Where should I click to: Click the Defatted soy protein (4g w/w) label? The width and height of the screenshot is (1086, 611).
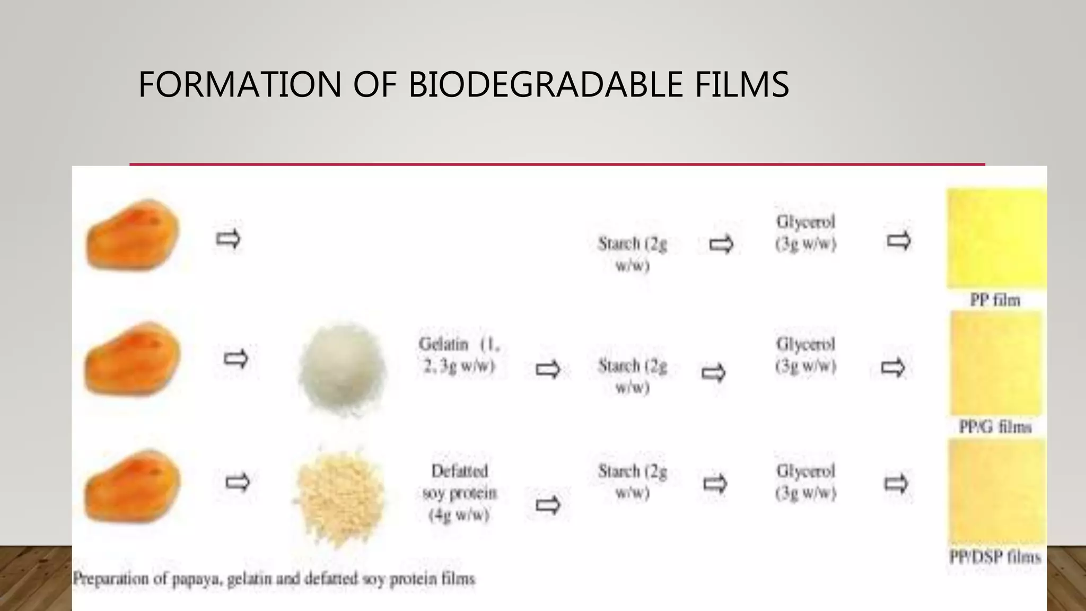(x=459, y=493)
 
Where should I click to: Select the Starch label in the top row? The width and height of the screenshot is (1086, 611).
(x=632, y=254)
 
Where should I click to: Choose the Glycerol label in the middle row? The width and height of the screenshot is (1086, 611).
(x=805, y=355)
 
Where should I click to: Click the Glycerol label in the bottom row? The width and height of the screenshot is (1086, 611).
(x=805, y=482)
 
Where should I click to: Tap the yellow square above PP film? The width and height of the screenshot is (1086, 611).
(x=996, y=239)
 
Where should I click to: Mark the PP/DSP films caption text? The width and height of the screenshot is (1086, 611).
(x=995, y=557)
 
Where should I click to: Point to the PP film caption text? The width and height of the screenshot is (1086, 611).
(x=995, y=300)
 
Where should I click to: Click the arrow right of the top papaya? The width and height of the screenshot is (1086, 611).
(x=229, y=239)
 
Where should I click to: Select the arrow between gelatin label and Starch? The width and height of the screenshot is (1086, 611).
(x=548, y=369)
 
